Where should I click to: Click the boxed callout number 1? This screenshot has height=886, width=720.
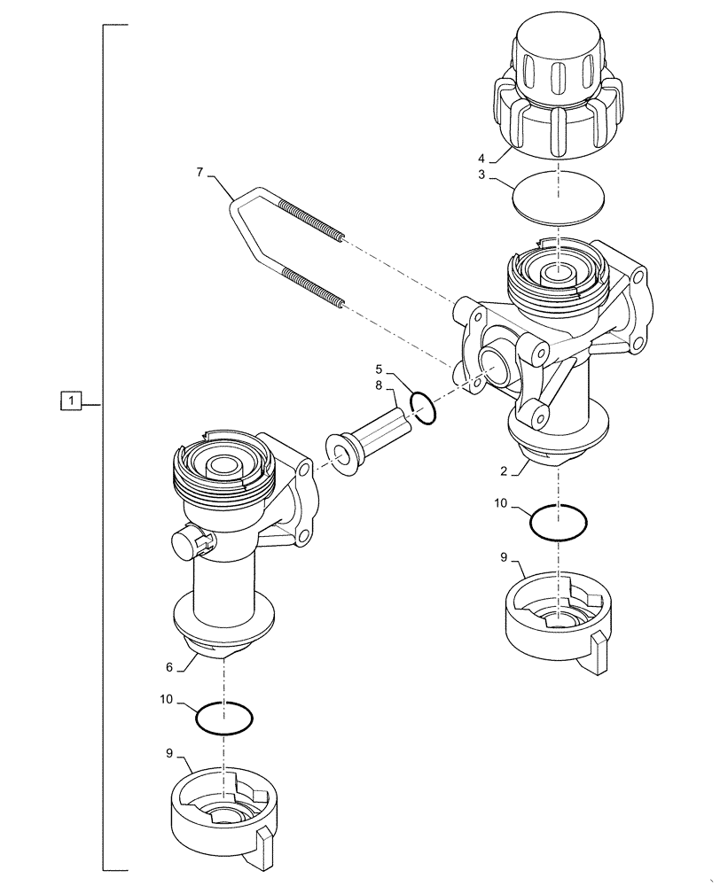point(71,401)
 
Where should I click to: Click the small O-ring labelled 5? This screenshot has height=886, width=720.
point(424,409)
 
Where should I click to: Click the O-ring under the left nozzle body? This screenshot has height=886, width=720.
point(224,718)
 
